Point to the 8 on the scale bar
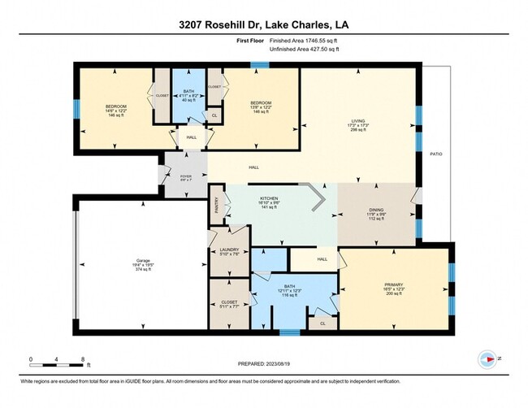83,359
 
